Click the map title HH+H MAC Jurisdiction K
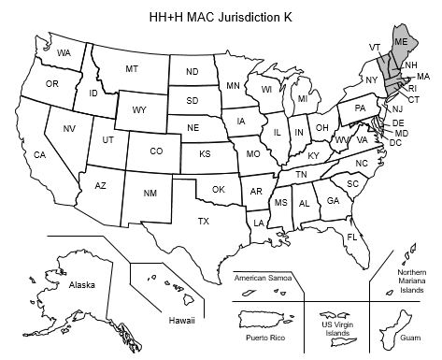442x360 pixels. point(221,18)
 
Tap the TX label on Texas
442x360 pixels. point(203,221)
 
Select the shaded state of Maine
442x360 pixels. point(400,46)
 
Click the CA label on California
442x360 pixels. point(40,154)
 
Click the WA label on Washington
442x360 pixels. point(64,52)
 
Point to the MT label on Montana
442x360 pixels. point(132,69)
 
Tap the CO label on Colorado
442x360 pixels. point(156,151)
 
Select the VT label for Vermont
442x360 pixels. point(374,46)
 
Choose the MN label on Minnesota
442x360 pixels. point(233,86)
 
